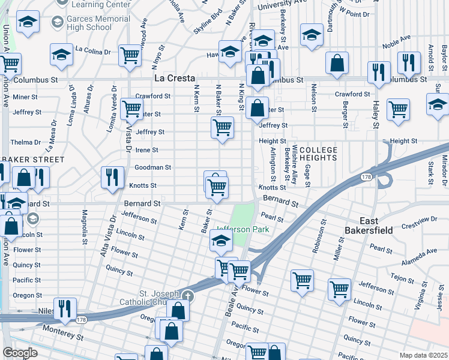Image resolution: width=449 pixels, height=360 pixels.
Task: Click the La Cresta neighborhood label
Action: (174, 79)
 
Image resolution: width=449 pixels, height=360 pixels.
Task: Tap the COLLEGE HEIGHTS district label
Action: (318, 154)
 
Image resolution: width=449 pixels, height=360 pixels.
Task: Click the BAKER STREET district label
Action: (33, 160)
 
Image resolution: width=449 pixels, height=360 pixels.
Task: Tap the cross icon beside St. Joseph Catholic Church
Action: (188, 296)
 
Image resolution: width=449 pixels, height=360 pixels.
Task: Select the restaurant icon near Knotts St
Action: (112, 178)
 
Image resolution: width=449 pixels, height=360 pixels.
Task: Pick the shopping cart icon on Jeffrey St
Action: (222, 128)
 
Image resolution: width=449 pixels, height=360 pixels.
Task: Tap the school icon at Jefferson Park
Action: (221, 242)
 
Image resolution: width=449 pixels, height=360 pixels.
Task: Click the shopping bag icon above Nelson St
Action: (337, 62)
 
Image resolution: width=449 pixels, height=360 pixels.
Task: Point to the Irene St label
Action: (146, 150)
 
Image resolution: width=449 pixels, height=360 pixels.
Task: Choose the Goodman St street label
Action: (152, 167)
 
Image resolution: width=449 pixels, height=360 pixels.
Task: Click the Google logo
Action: (20, 353)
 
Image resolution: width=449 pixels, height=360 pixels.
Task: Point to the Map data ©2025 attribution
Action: (423, 355)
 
